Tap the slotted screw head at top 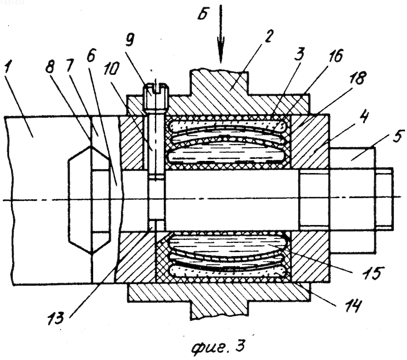(157, 96)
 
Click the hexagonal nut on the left (89, 200)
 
